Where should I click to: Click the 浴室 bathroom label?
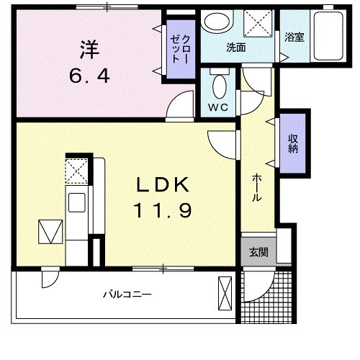click(x=294, y=37)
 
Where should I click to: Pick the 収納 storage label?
click(x=294, y=144)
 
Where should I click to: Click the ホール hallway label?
click(x=256, y=190)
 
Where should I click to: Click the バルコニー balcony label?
click(x=126, y=295)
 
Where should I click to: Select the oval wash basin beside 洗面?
click(x=214, y=24)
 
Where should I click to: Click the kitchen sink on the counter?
click(x=76, y=201)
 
